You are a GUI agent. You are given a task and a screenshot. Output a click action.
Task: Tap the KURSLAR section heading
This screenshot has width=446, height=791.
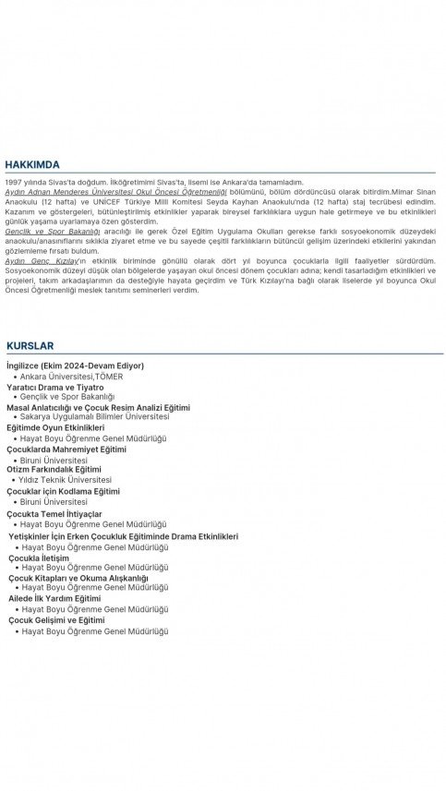click(30, 345)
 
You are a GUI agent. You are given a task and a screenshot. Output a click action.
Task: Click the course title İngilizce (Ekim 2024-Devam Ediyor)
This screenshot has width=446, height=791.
click(75, 366)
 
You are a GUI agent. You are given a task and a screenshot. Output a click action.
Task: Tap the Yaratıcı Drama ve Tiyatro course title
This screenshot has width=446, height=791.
click(54, 388)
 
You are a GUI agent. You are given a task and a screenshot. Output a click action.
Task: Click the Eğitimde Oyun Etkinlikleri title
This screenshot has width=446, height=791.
click(55, 428)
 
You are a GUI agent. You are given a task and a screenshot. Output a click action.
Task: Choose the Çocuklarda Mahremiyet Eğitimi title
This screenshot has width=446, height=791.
click(66, 449)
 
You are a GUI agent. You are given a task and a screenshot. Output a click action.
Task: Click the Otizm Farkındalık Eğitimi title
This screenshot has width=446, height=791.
click(54, 469)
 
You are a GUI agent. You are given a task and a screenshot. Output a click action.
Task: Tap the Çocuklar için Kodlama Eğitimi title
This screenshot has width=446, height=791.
click(64, 491)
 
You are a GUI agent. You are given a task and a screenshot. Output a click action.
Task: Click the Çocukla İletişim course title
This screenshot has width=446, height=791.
click(39, 557)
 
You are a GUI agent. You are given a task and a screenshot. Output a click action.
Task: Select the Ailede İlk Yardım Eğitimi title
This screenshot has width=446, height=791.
click(54, 597)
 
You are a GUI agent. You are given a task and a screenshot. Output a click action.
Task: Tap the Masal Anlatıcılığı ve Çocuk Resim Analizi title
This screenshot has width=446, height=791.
click(98, 407)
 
